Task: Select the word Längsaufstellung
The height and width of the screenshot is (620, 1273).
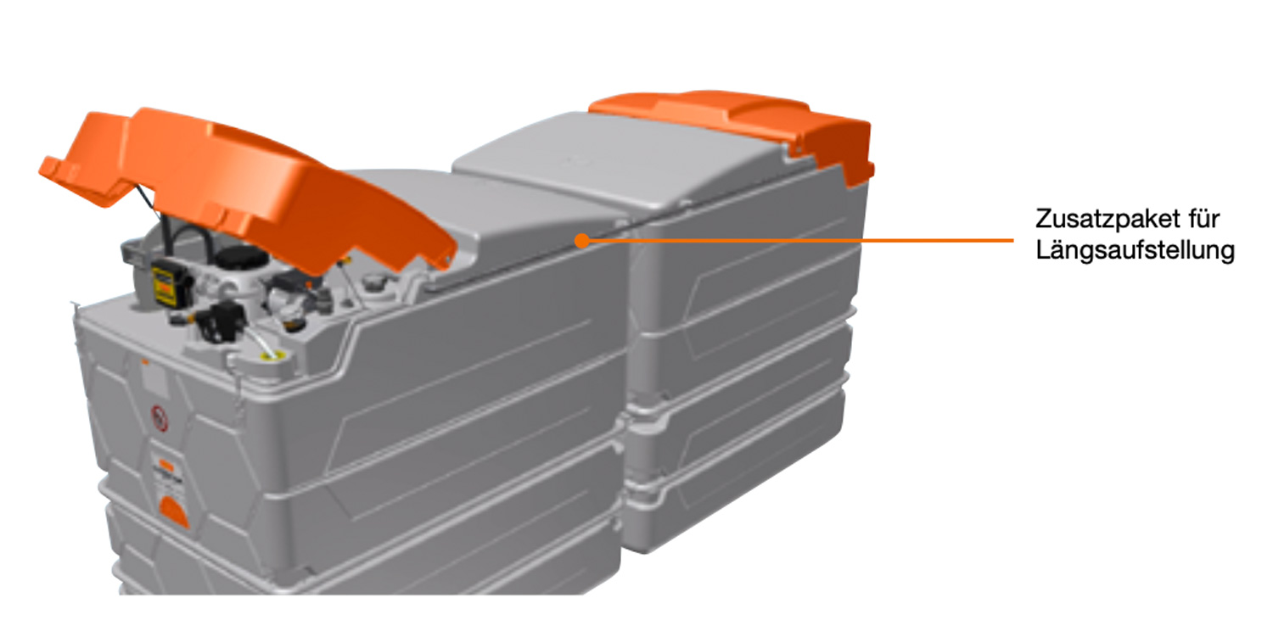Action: [1135, 250]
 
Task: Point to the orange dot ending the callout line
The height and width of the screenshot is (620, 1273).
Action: [581, 241]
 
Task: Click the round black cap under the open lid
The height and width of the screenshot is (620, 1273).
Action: [241, 259]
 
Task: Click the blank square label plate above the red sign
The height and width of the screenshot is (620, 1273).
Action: [154, 378]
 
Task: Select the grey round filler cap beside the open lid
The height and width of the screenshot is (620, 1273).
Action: [373, 282]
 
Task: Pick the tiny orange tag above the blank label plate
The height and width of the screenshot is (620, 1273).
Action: [145, 361]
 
